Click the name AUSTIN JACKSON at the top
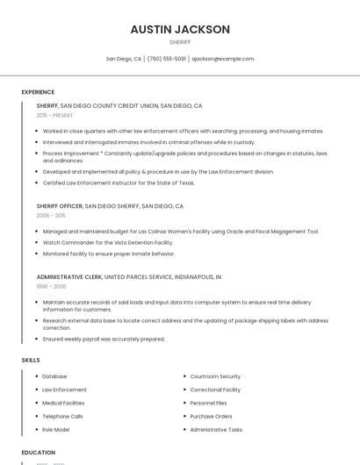click(180, 29)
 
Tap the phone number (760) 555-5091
click(167, 59)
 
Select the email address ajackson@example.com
click(223, 59)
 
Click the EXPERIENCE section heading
click(38, 92)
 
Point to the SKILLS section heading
click(31, 360)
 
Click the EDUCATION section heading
click(39, 453)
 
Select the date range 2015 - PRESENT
click(54, 115)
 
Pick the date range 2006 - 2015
click(51, 215)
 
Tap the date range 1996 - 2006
click(51, 286)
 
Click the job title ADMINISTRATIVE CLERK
click(69, 276)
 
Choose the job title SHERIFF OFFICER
click(60, 205)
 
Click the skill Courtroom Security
click(215, 376)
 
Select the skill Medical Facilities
click(64, 403)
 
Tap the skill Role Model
click(56, 430)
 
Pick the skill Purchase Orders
click(211, 416)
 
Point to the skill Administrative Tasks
click(216, 430)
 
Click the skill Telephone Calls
click(62, 416)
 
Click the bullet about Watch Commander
click(107, 242)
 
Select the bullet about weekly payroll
click(104, 339)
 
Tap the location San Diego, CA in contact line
click(124, 59)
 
